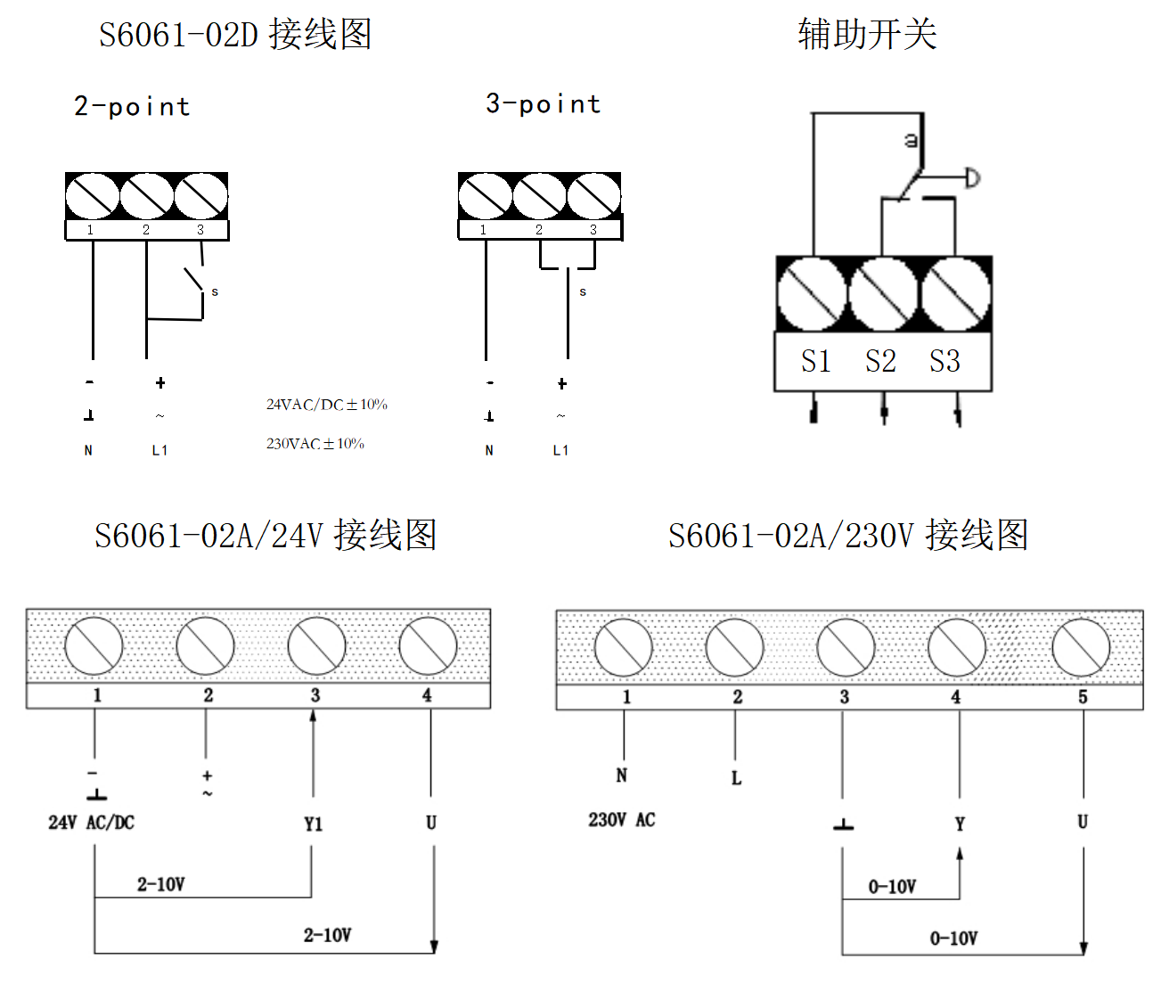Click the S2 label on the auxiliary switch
point(880,361)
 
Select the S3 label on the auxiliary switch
point(944,361)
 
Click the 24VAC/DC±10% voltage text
point(326,405)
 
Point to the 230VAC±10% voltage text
point(315,444)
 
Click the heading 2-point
point(132,107)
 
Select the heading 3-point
point(543,104)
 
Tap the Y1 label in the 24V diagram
point(313,824)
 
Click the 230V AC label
point(621,820)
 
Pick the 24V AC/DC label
point(91,823)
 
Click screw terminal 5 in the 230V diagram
point(1081,648)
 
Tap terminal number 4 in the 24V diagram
point(427,695)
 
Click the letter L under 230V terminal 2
point(736,778)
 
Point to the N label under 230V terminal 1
point(622,775)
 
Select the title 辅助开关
point(867,35)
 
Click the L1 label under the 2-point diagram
point(159,451)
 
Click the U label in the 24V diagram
point(431,823)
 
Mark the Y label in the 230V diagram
point(960,824)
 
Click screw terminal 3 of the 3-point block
point(593,196)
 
